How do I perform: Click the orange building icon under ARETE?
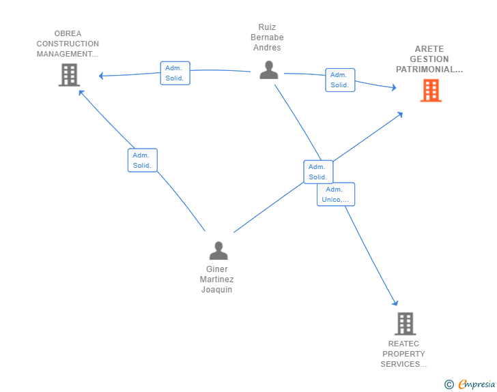click(431, 90)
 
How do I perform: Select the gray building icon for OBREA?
click(69, 75)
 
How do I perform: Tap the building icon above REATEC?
click(405, 324)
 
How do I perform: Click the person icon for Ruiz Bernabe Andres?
click(269, 70)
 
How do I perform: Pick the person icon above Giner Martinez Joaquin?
click(218, 250)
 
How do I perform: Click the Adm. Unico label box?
click(336, 194)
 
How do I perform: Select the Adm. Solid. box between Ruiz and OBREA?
click(175, 73)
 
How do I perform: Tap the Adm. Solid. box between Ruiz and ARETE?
click(340, 80)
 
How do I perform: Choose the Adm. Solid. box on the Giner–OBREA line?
click(142, 160)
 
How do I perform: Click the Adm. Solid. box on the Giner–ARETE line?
click(318, 172)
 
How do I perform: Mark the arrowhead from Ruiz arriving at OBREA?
click(101, 76)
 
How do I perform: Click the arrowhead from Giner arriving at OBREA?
click(81, 93)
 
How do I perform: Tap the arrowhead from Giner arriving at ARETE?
click(400, 115)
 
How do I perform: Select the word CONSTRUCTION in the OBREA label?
click(68, 44)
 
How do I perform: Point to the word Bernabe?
click(267, 37)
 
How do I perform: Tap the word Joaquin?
click(217, 290)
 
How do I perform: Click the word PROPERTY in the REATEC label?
click(403, 354)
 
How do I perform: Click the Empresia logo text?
click(477, 384)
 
